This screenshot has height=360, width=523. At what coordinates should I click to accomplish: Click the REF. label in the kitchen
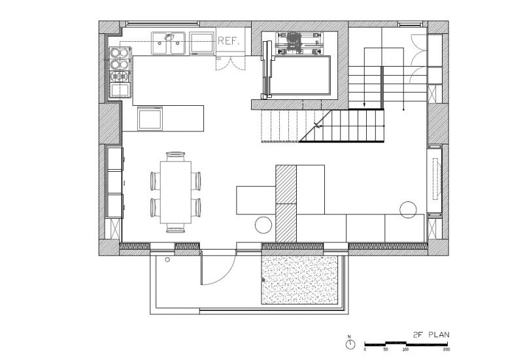pos(229,41)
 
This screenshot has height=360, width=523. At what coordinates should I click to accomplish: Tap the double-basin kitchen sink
pos(170,43)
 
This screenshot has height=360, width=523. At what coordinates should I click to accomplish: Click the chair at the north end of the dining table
pos(175,156)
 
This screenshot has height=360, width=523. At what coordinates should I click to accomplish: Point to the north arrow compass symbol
pos(350,342)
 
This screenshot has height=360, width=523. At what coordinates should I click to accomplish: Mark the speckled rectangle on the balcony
pos(299,280)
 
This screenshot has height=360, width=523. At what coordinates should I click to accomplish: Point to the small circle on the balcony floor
pos(168,260)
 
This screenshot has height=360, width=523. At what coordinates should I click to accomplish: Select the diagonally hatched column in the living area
pos(286,203)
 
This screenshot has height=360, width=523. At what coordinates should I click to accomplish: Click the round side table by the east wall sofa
pos(409,209)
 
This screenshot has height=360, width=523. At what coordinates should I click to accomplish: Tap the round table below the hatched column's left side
pos(263,225)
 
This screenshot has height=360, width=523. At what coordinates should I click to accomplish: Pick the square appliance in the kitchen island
pos(151,118)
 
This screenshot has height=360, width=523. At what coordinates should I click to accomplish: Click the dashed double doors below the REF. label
pos(230,61)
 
